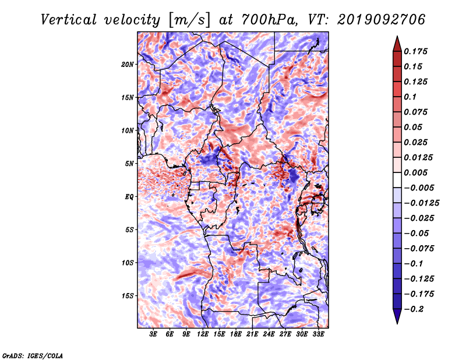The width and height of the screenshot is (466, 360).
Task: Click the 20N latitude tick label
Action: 128,65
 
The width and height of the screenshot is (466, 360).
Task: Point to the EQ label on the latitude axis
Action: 129,197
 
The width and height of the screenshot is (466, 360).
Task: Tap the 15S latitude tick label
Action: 128,296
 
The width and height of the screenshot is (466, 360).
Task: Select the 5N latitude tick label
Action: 129,164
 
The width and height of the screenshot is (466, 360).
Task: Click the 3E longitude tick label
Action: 153,334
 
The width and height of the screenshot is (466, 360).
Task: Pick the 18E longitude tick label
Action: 236,334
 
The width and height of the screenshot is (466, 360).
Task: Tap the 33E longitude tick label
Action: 318,334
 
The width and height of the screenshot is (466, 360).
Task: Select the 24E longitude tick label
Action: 269,334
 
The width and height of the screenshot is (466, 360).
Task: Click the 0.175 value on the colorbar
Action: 415,51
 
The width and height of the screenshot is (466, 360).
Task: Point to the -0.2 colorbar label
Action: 414,309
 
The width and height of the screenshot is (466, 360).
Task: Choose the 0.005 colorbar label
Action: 415,172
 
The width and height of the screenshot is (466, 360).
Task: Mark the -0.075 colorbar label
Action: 419,249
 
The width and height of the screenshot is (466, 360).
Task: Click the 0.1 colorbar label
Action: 410,97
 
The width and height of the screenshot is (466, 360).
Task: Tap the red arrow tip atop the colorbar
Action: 397,36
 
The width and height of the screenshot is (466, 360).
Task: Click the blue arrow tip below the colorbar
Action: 397,323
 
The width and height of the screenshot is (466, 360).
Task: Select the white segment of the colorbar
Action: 397,180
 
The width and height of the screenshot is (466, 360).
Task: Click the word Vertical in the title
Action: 69,20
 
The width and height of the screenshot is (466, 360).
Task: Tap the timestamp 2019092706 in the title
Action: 382,20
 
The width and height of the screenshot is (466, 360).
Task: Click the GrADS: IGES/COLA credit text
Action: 32,355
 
